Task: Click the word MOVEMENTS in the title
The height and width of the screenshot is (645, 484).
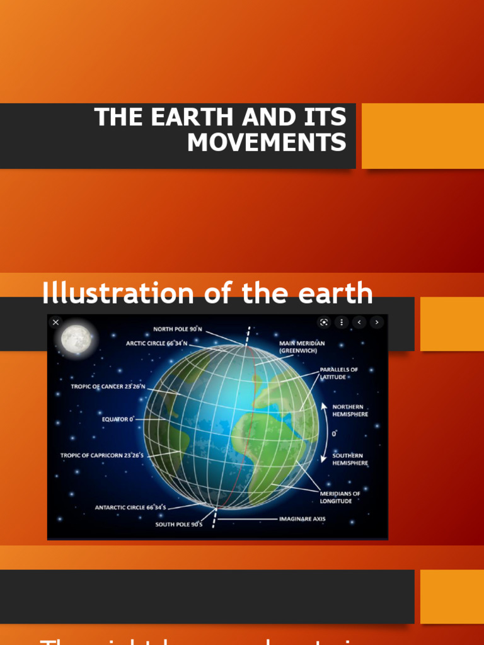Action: [x=267, y=142]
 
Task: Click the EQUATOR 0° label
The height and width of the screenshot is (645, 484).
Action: [x=118, y=419]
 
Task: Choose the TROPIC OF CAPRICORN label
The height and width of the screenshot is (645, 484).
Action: [x=102, y=455]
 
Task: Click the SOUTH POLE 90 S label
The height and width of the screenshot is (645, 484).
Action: [x=179, y=524]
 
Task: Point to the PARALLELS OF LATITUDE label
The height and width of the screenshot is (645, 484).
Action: [x=338, y=373]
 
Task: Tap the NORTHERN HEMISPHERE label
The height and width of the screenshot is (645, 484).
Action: [x=350, y=410]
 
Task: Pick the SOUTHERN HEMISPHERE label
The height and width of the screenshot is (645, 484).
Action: [x=350, y=459]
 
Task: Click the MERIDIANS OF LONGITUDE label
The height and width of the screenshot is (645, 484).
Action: [x=340, y=497]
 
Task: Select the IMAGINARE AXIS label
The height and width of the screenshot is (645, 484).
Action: [x=302, y=520]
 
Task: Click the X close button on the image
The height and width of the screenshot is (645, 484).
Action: [x=55, y=322]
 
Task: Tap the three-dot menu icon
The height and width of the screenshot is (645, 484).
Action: [x=342, y=322]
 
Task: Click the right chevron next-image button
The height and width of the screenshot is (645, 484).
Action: [x=377, y=322]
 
